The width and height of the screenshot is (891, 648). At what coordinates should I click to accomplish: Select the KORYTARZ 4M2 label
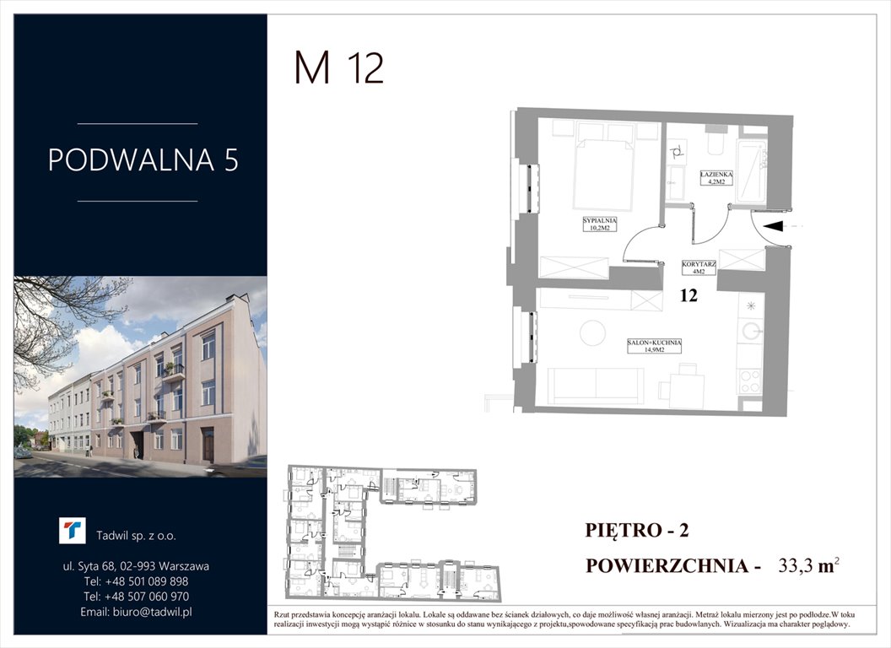point(699,268)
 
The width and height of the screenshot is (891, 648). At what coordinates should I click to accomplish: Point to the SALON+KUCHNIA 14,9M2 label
point(654,345)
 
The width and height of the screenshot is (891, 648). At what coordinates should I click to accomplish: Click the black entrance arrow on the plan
point(779,225)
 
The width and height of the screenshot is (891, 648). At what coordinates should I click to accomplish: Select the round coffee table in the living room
point(592,332)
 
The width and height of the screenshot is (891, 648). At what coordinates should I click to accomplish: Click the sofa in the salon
point(596,386)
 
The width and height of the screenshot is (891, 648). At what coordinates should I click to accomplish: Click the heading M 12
point(338,68)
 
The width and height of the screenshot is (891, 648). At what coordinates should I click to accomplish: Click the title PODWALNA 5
point(143,160)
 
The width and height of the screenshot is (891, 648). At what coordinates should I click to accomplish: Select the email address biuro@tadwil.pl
point(137,612)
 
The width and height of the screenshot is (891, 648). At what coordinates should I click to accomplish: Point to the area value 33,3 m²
point(800,566)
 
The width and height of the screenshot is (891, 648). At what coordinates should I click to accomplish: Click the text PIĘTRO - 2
point(638,530)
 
